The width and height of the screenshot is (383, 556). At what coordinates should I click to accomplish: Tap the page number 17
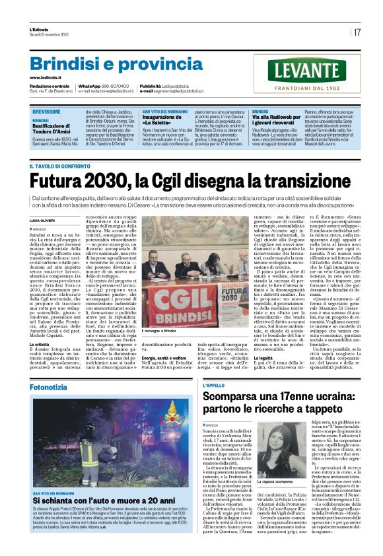[357, 32]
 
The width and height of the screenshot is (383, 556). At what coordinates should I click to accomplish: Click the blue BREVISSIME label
[46, 112]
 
